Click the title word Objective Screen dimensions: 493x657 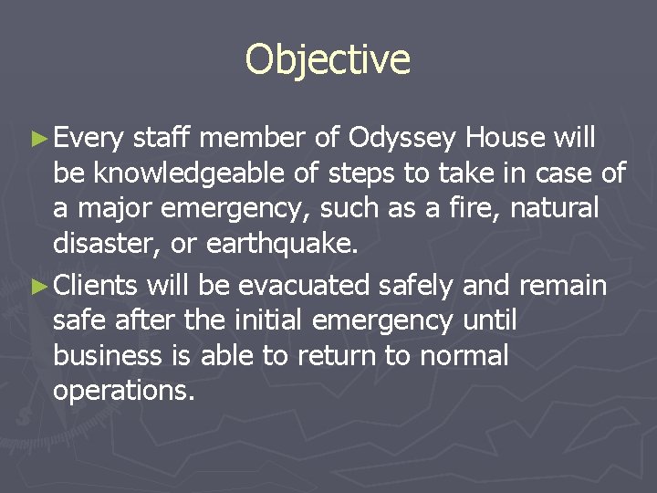[328, 59]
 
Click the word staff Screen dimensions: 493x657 [161, 138]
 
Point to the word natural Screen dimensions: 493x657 [555, 208]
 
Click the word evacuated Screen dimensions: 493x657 [305, 286]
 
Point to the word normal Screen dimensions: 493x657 [464, 355]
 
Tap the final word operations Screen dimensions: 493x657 [124, 391]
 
